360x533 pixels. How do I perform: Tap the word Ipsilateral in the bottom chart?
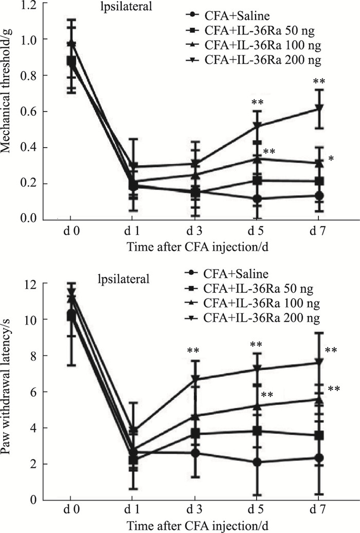tap(126, 280)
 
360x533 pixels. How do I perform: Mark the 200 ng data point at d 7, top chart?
tap(319, 108)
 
